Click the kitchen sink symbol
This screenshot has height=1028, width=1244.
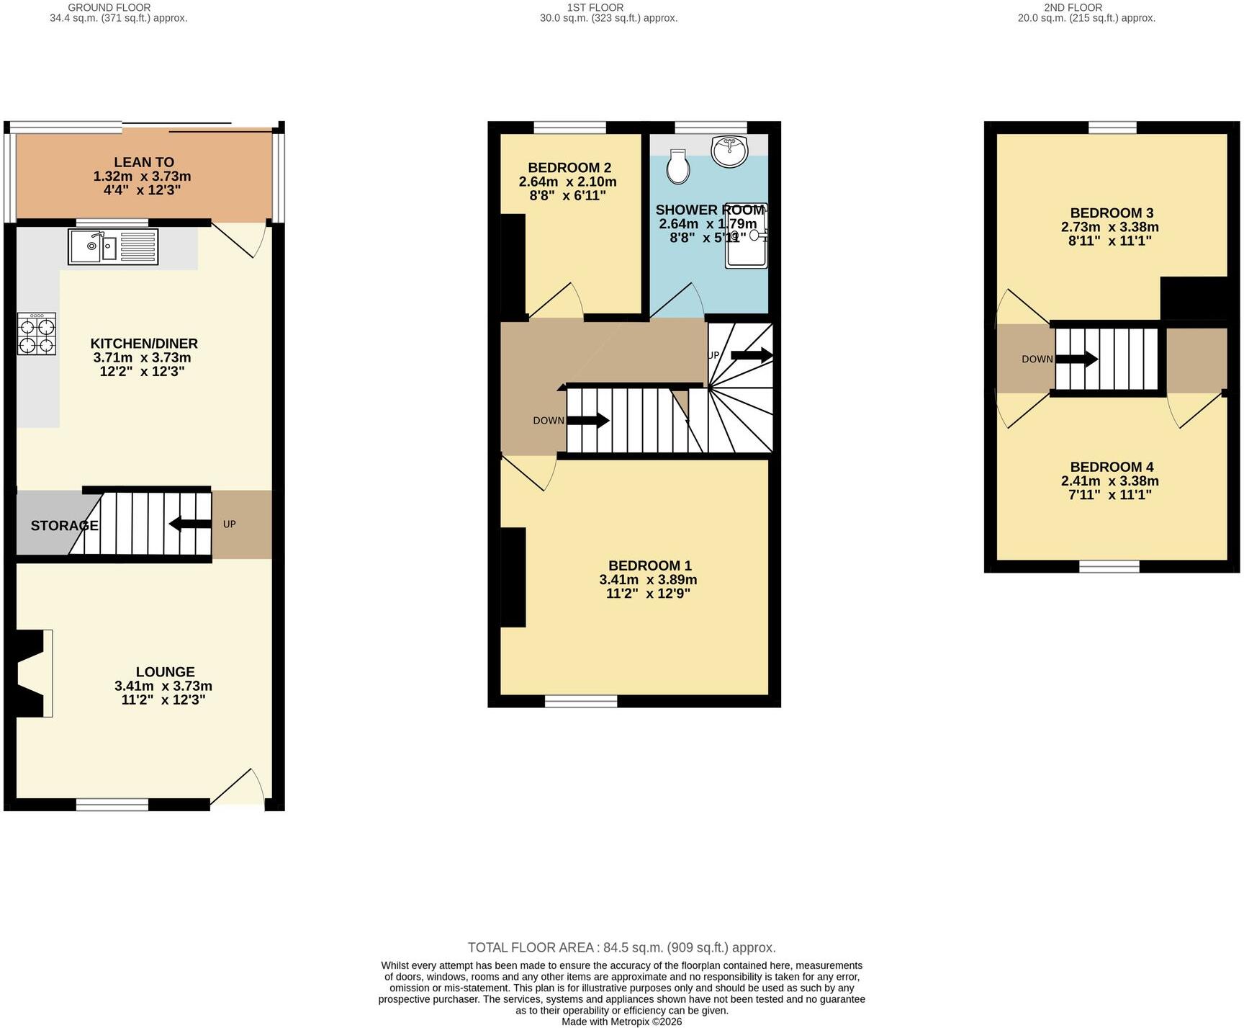[x=113, y=246]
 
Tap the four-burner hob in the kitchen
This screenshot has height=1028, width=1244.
[x=37, y=334]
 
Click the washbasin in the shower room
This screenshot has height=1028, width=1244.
[x=730, y=151]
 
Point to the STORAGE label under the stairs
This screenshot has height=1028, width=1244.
[x=64, y=526]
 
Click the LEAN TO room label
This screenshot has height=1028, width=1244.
[x=144, y=162]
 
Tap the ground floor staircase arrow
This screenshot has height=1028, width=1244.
[x=190, y=524]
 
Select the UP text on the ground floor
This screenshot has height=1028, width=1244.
[x=230, y=524]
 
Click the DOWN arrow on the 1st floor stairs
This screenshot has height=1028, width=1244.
[x=588, y=420]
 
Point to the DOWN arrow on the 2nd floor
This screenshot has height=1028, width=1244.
[x=1077, y=359]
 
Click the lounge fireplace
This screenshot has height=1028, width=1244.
[x=30, y=674]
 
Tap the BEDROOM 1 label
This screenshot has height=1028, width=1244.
[x=650, y=566]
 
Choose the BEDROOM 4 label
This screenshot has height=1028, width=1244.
[x=1112, y=467]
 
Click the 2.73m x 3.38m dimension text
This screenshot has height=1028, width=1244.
[x=1110, y=227]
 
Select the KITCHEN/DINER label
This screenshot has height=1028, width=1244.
[x=144, y=344]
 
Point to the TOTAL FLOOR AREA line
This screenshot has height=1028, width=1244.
[x=622, y=948]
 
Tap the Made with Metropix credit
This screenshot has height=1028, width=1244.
[x=622, y=1022]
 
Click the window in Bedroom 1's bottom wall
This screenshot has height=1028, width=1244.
[x=581, y=701]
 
